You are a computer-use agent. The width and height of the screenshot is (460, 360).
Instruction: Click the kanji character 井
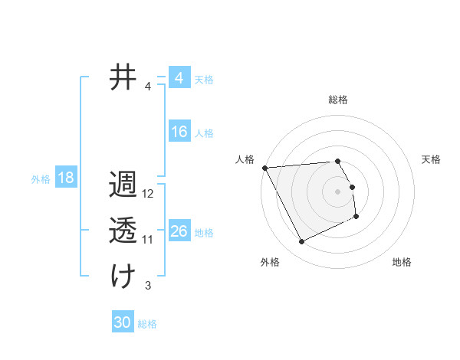(123, 78)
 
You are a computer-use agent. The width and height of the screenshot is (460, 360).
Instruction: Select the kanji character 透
(123, 231)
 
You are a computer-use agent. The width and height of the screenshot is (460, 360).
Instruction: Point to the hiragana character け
(123, 276)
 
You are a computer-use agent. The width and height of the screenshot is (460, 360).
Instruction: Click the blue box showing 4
(179, 79)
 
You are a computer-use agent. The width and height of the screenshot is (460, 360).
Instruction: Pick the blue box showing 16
(179, 132)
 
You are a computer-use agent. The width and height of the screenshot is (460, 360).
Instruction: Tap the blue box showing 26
(179, 231)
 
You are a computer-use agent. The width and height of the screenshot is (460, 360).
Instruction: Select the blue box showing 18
(66, 178)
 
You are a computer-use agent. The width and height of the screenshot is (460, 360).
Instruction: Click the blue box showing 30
(123, 322)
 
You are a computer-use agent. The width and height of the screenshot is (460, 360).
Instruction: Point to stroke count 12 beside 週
(149, 194)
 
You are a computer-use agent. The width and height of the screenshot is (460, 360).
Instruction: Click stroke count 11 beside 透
(148, 240)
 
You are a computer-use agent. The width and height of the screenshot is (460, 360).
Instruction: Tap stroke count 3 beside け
(148, 286)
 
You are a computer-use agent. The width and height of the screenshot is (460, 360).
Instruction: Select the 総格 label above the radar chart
(338, 100)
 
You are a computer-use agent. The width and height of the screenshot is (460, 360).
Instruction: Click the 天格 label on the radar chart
(432, 159)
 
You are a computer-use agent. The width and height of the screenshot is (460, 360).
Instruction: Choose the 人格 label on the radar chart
(245, 159)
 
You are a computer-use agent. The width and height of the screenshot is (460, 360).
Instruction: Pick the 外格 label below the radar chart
(270, 262)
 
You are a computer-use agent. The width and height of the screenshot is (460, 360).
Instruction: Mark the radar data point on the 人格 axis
(264, 168)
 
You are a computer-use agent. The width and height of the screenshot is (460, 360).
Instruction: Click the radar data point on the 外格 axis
(301, 242)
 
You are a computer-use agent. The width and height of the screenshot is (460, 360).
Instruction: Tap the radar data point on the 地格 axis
(356, 217)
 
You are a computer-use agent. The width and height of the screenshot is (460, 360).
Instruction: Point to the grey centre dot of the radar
(338, 191)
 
